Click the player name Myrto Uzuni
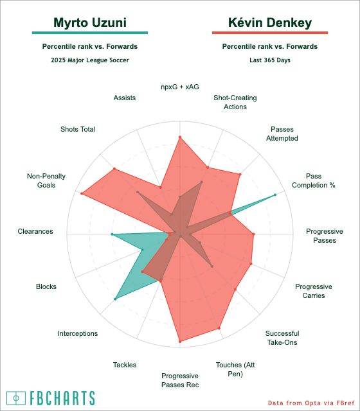coord(90,23)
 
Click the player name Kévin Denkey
coord(270,23)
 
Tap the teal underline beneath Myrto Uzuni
coord(90,33)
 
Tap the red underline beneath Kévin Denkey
coord(270,33)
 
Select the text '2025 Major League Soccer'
coord(90,60)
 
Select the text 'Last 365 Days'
coord(270,60)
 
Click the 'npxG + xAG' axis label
coord(180,87)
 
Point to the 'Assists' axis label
coord(125,98)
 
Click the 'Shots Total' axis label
coord(78,129)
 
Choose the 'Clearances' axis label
coord(35,231)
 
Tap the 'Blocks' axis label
coord(46,286)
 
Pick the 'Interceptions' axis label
coord(78,333)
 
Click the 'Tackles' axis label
coord(125,365)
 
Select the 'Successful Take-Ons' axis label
coord(282,338)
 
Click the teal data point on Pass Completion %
coord(275,195)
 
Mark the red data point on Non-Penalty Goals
coord(82,193)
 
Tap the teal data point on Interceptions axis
coord(115,299)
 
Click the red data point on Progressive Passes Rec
coord(180,342)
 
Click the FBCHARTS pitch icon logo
coord(16,398)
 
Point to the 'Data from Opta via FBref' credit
coord(311,403)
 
